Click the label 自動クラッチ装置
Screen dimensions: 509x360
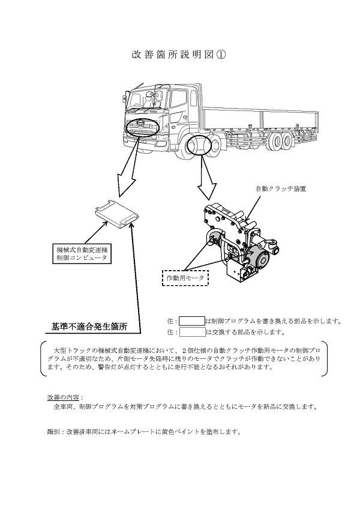pos(281,188)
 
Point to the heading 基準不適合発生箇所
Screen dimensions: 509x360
pos(89,327)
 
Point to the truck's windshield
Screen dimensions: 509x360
pos(148,99)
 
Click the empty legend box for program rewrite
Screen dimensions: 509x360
pos(192,321)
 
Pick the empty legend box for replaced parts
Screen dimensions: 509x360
pos(192,332)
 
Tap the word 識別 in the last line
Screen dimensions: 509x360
pos(54,432)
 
